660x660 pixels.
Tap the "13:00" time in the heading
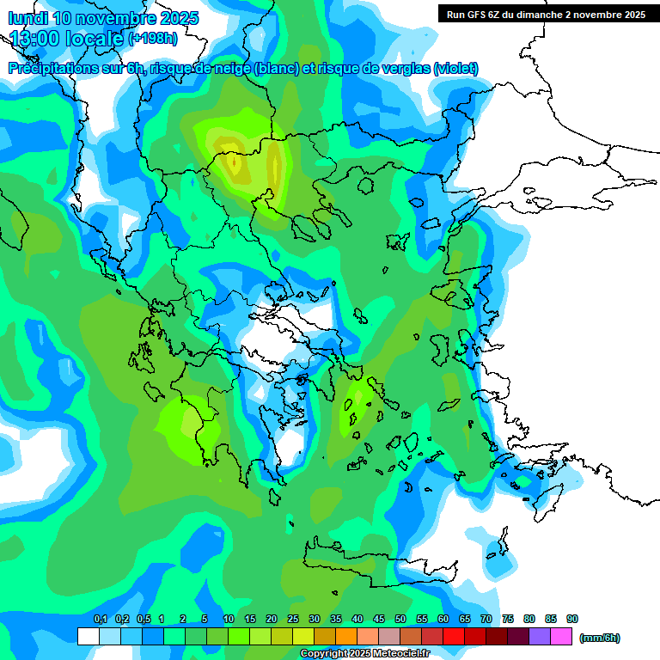point(34,38)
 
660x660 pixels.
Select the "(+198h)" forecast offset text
point(153,39)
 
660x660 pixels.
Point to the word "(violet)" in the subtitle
point(455,69)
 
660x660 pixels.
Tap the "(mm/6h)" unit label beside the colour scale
point(599,638)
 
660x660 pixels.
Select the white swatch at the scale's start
point(88,637)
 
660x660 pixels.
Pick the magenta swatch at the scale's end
point(561,637)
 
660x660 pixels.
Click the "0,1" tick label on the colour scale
point(100,620)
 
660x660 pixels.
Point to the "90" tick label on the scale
point(572,620)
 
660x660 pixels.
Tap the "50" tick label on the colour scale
point(400,620)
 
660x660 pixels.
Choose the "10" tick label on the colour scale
point(229,620)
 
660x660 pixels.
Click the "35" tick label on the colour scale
point(336,620)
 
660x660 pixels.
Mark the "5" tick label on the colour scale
point(205,620)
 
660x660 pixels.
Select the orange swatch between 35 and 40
point(346,637)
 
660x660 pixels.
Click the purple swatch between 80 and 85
point(540,637)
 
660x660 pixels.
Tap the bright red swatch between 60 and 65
point(454,637)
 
